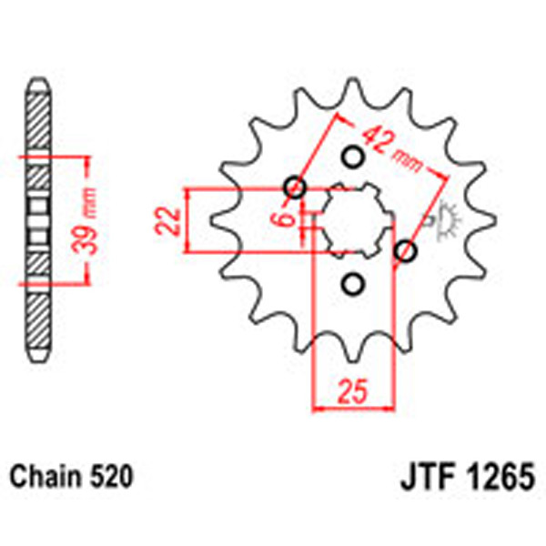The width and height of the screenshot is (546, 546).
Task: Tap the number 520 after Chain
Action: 111,476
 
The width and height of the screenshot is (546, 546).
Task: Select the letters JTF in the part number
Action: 427,476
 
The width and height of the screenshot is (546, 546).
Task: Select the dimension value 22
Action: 166,221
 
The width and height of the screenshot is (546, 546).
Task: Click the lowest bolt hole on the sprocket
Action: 352,284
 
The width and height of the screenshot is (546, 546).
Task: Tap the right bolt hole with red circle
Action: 406,250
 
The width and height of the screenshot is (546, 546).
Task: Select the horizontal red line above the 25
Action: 351,409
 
